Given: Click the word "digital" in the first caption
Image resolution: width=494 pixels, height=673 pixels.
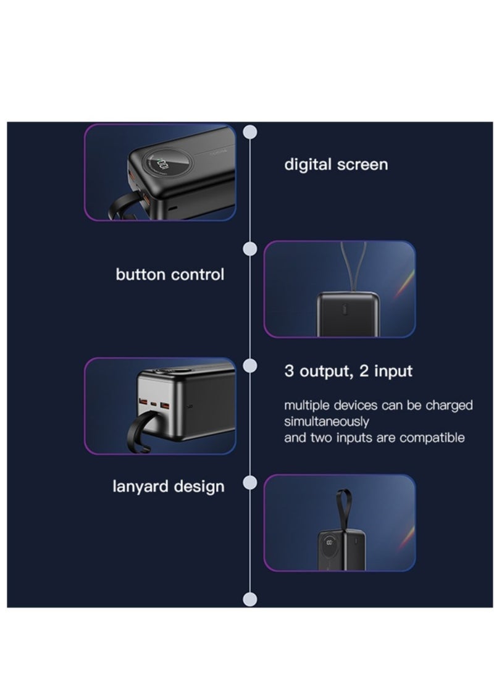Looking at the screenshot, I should (308, 165).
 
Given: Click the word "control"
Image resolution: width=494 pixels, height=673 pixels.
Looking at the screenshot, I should (197, 275).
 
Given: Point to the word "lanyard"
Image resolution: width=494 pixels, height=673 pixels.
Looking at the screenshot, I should (141, 487).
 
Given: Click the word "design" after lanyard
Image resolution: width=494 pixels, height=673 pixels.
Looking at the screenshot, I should (198, 487).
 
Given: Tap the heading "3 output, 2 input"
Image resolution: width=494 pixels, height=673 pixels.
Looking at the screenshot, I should (348, 371).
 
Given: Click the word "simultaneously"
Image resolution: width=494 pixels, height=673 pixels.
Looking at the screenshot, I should (327, 422).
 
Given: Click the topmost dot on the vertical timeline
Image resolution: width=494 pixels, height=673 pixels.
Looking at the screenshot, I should (249, 132).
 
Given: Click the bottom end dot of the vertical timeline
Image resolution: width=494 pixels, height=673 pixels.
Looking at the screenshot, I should (249, 598).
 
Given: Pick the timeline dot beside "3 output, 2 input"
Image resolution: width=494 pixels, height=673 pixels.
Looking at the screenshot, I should (249, 366).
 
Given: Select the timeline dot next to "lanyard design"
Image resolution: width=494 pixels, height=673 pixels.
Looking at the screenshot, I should (249, 482).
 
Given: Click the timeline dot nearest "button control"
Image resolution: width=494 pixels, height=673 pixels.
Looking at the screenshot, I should (249, 248).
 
